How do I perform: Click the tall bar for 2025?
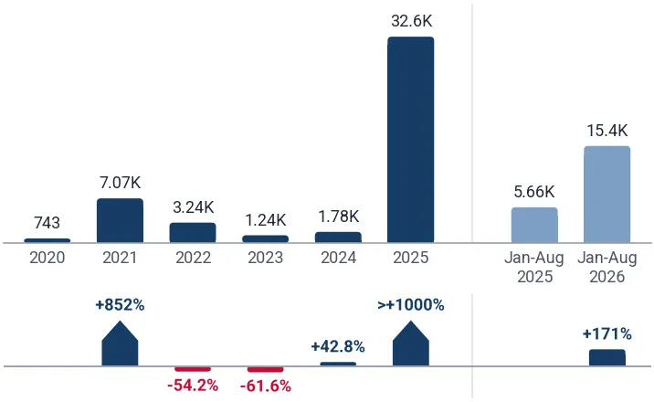pyautogui.click(x=411, y=140)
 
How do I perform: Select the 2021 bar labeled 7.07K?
pyautogui.click(x=121, y=220)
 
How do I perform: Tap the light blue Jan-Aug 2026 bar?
pyautogui.click(x=607, y=195)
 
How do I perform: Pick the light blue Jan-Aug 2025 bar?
pyautogui.click(x=534, y=225)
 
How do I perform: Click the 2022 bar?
pyautogui.click(x=193, y=233)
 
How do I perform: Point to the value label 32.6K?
pyautogui.click(x=412, y=21)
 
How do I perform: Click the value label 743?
pyautogui.click(x=47, y=223)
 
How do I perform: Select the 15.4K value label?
pyautogui.click(x=607, y=131)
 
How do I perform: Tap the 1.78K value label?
pyautogui.click(x=339, y=217)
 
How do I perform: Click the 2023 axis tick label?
pyautogui.click(x=266, y=258)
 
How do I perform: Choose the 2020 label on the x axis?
pyautogui.click(x=47, y=258)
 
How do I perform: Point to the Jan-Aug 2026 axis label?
pyautogui.click(x=607, y=267)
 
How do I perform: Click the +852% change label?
pyautogui.click(x=121, y=305)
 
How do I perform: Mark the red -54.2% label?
pyautogui.click(x=193, y=386)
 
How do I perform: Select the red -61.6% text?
pyautogui.click(x=266, y=386)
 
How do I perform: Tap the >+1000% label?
pyautogui.click(x=411, y=305)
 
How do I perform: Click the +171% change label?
pyautogui.click(x=607, y=334)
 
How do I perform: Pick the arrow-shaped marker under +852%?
pyautogui.click(x=121, y=344)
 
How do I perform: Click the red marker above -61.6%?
pyautogui.click(x=266, y=369)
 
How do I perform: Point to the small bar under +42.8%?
pyautogui.click(x=338, y=364)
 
